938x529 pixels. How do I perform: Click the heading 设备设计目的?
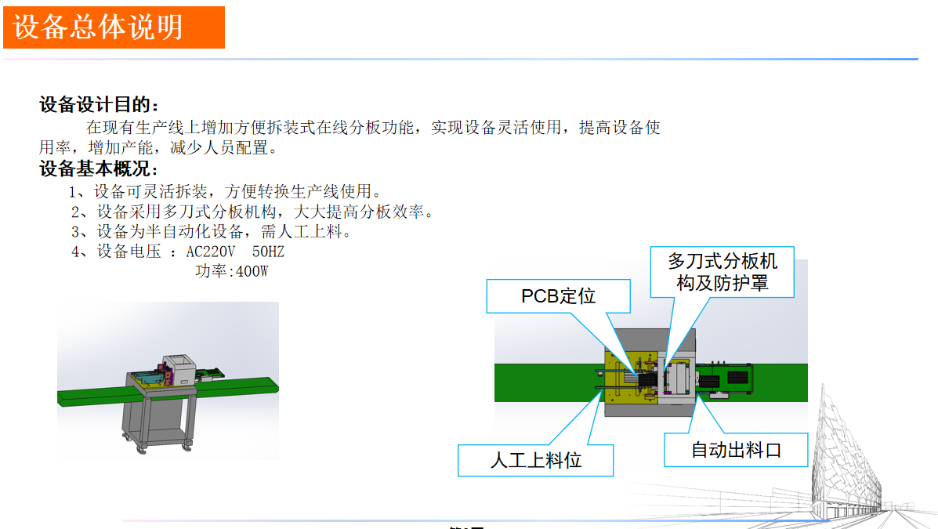point(99,104)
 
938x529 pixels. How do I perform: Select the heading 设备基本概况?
point(99,168)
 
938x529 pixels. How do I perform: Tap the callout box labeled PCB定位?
point(558,295)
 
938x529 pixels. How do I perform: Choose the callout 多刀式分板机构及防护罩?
point(722,272)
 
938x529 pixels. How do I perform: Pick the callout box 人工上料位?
point(535,460)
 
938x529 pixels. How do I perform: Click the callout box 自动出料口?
point(735,450)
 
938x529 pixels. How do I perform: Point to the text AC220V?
point(210,252)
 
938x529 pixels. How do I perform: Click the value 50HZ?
point(269,252)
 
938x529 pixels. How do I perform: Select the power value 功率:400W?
point(232,272)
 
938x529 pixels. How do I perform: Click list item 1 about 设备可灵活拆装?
point(226,191)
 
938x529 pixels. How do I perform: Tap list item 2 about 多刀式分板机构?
point(252,212)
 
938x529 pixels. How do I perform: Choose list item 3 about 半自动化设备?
point(212,232)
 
